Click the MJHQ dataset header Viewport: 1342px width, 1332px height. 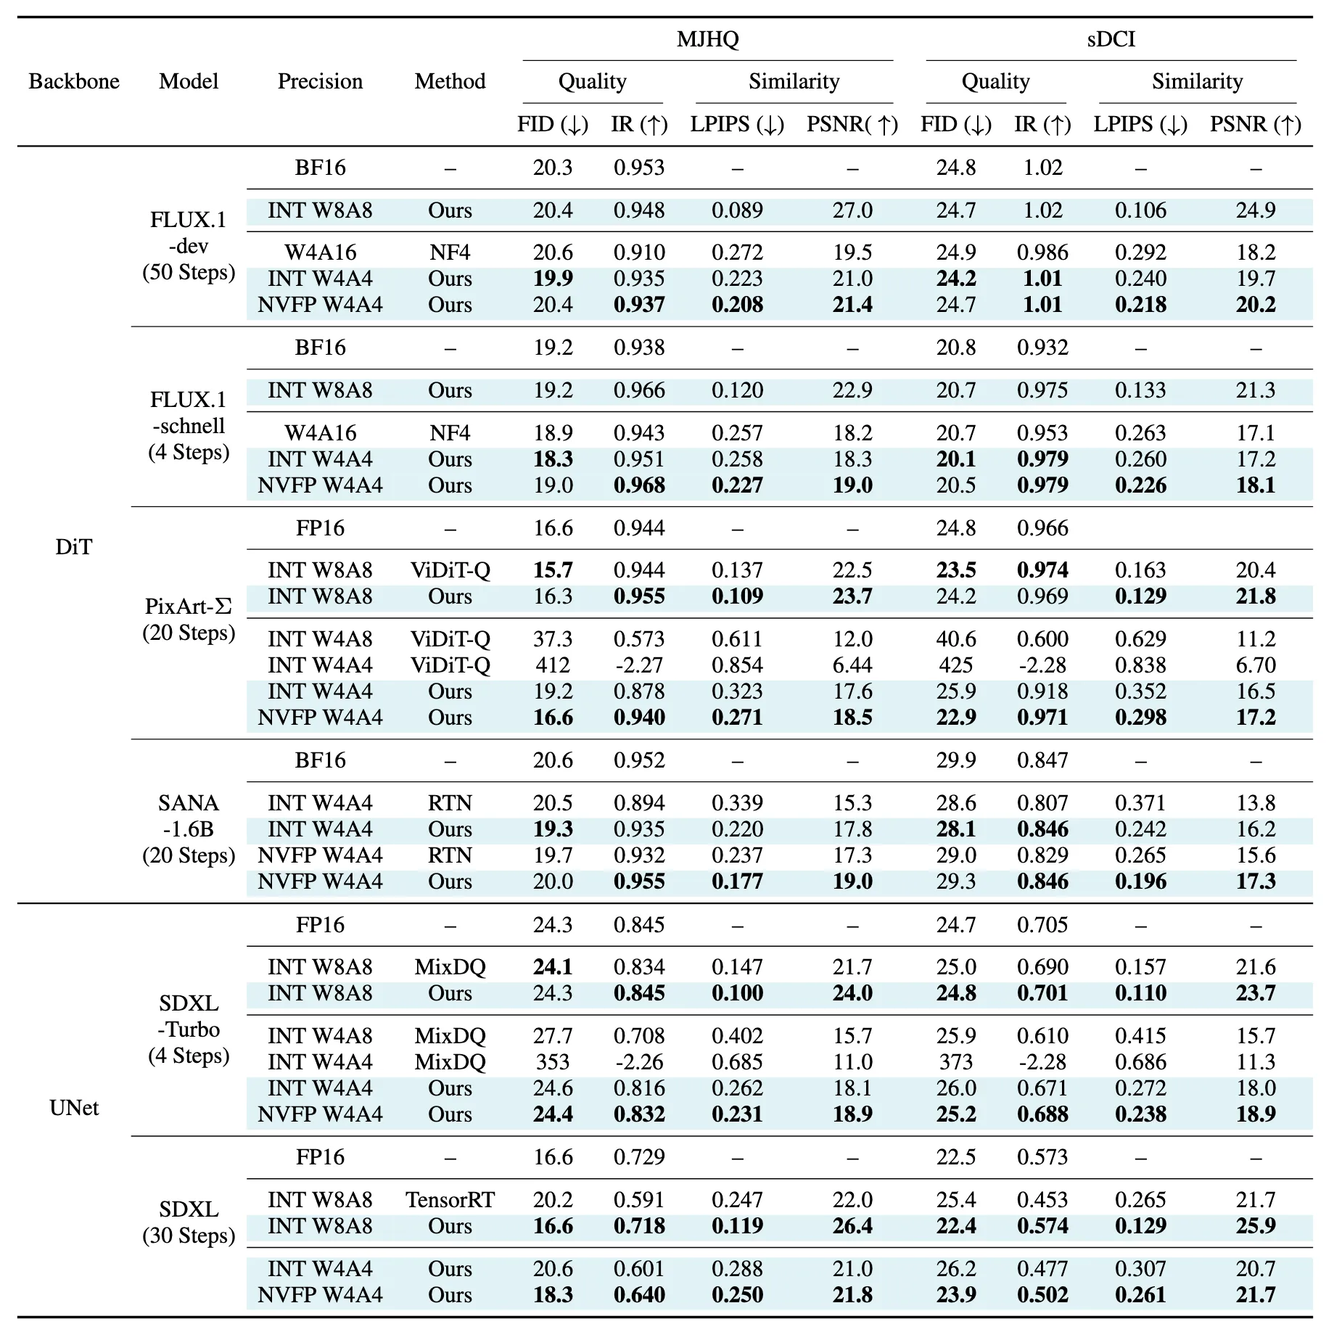(707, 38)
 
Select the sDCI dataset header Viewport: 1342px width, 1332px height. (1111, 38)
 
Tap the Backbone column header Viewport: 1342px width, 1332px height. (74, 81)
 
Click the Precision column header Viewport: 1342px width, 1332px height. (320, 81)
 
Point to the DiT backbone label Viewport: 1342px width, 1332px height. (74, 547)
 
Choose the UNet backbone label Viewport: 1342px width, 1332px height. (74, 1108)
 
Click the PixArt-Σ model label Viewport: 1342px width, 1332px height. (189, 619)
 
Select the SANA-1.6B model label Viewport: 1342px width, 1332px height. (189, 829)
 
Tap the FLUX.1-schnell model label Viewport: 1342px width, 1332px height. (189, 426)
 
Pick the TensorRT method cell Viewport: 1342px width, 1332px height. (450, 1200)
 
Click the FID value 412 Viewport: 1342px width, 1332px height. (553, 665)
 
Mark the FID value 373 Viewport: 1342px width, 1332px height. (955, 1062)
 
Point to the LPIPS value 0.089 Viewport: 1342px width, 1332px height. (737, 210)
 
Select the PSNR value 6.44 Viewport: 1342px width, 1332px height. (852, 665)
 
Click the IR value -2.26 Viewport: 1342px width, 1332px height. (638, 1062)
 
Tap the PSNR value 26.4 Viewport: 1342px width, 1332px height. (852, 1226)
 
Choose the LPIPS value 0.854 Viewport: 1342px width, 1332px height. (737, 665)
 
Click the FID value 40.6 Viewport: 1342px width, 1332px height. (955, 639)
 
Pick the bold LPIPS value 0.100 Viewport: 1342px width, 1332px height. (737, 993)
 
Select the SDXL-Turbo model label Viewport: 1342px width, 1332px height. (189, 1029)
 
